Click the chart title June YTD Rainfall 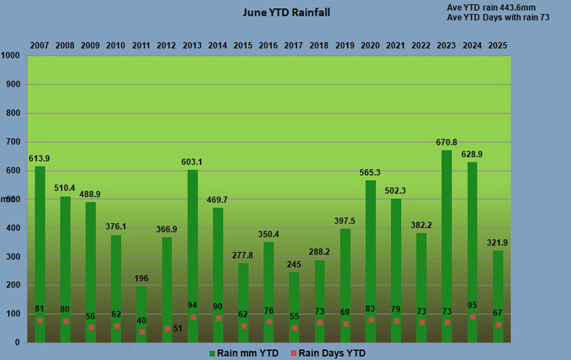(286, 13)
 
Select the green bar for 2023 (447, 245)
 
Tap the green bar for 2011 (141, 312)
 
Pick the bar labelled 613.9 (40, 251)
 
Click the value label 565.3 (370, 173)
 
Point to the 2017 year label (294, 46)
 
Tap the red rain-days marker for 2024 (472, 317)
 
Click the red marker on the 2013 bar (192, 317)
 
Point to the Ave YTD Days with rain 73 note (498, 18)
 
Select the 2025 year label (497, 46)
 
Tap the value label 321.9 (497, 242)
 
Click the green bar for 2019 (345, 285)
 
